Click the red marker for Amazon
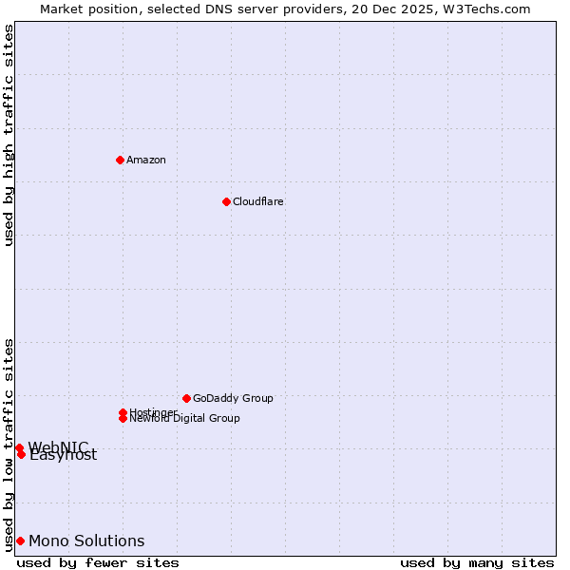point(120,160)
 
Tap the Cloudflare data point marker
point(226,201)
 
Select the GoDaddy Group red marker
point(186,398)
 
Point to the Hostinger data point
point(123,412)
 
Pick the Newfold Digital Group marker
point(123,419)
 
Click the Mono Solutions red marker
point(20,541)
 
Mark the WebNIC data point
point(19,447)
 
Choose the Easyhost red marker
point(21,454)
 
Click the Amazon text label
point(146,160)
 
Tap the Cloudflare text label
point(258,201)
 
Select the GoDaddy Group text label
point(233,398)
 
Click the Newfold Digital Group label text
point(185,419)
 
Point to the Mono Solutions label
point(86,541)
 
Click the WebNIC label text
point(58,446)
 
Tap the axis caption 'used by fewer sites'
point(98,562)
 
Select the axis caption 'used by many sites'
point(477,562)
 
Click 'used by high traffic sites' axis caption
point(9,135)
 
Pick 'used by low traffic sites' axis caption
point(9,444)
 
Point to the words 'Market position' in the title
point(84,9)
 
